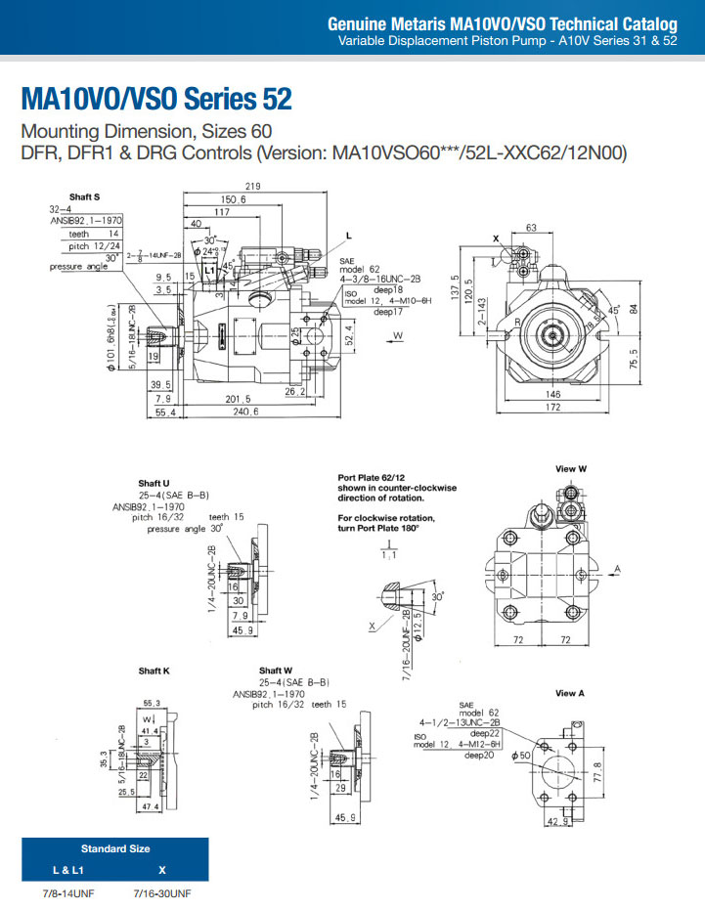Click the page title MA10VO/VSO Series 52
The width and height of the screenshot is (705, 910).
pos(155,100)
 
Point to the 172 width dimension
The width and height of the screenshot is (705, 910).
pos(552,406)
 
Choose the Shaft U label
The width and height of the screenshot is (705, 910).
pos(154,483)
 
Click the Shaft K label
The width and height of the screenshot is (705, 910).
pos(154,671)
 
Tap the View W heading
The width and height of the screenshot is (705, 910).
pos(570,469)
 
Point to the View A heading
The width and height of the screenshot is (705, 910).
pos(569,693)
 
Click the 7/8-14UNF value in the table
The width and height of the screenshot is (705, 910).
pos(67,893)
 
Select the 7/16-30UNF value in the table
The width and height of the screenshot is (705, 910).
pos(161,893)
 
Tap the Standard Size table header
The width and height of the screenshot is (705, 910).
pos(114,848)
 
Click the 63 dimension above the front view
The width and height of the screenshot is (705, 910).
pos(531,228)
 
